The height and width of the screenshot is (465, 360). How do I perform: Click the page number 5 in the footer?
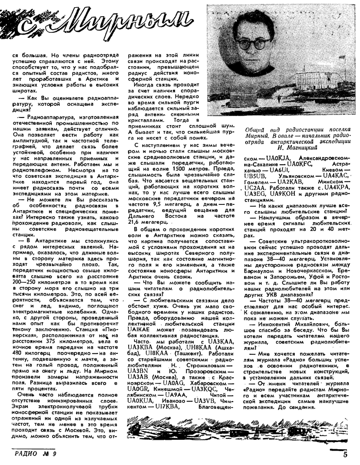[345, 454]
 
